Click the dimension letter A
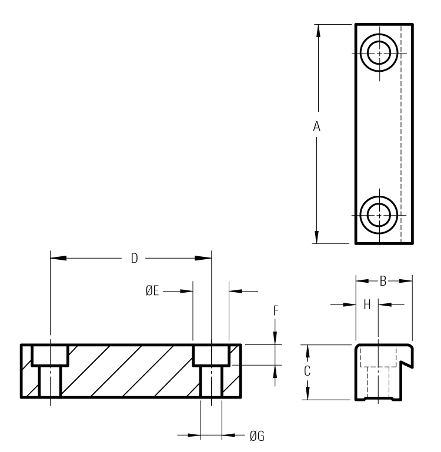click(317, 126)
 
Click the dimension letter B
click(382, 282)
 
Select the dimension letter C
click(306, 371)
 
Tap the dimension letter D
click(134, 259)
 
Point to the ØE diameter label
click(153, 290)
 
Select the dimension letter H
click(367, 304)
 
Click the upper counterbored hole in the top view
click(379, 53)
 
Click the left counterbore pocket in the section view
click(50, 355)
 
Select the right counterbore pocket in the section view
click(211, 355)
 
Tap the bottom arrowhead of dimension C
click(306, 394)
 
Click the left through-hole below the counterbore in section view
click(50, 381)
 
